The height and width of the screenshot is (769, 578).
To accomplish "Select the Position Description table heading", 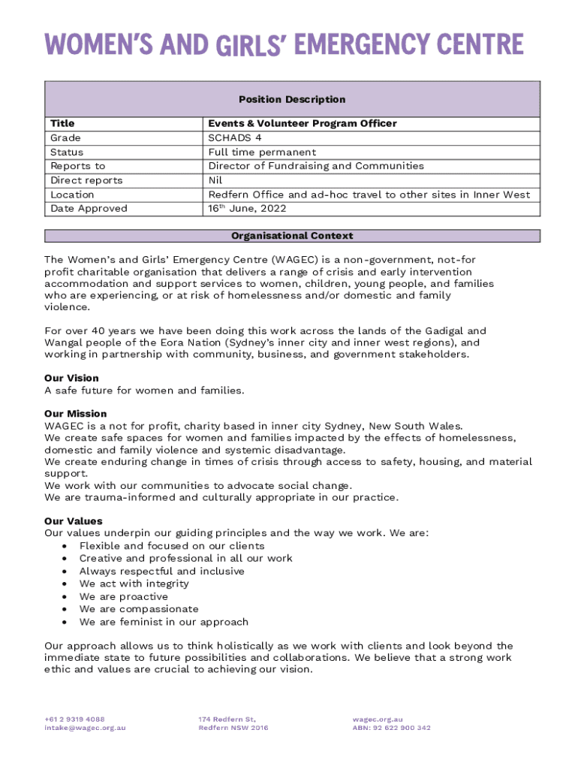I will (292, 99).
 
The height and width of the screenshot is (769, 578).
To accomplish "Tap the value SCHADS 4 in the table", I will (235, 137).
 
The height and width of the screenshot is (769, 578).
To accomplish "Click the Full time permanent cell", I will (262, 152).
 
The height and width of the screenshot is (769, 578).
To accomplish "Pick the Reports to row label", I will (77, 166).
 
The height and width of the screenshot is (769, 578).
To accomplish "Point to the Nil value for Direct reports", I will (215, 180).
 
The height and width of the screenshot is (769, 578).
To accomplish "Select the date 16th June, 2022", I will (247, 209).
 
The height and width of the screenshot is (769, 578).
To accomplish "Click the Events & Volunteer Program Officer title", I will (302, 123).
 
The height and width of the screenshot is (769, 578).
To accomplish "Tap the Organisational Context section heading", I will (292, 236).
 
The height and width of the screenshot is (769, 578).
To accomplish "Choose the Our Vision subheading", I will (71, 378).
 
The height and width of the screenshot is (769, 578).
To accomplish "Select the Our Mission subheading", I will (75, 414).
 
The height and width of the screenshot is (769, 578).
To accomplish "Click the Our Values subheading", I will (73, 521).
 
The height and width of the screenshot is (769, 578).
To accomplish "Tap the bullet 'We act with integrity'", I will (134, 584).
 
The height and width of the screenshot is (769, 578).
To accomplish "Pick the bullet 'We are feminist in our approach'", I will (164, 622).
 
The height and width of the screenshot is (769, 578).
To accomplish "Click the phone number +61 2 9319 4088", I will (74, 719).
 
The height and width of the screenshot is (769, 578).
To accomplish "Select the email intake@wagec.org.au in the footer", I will (85, 728).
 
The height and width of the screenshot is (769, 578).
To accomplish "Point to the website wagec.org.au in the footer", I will (378, 719).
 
